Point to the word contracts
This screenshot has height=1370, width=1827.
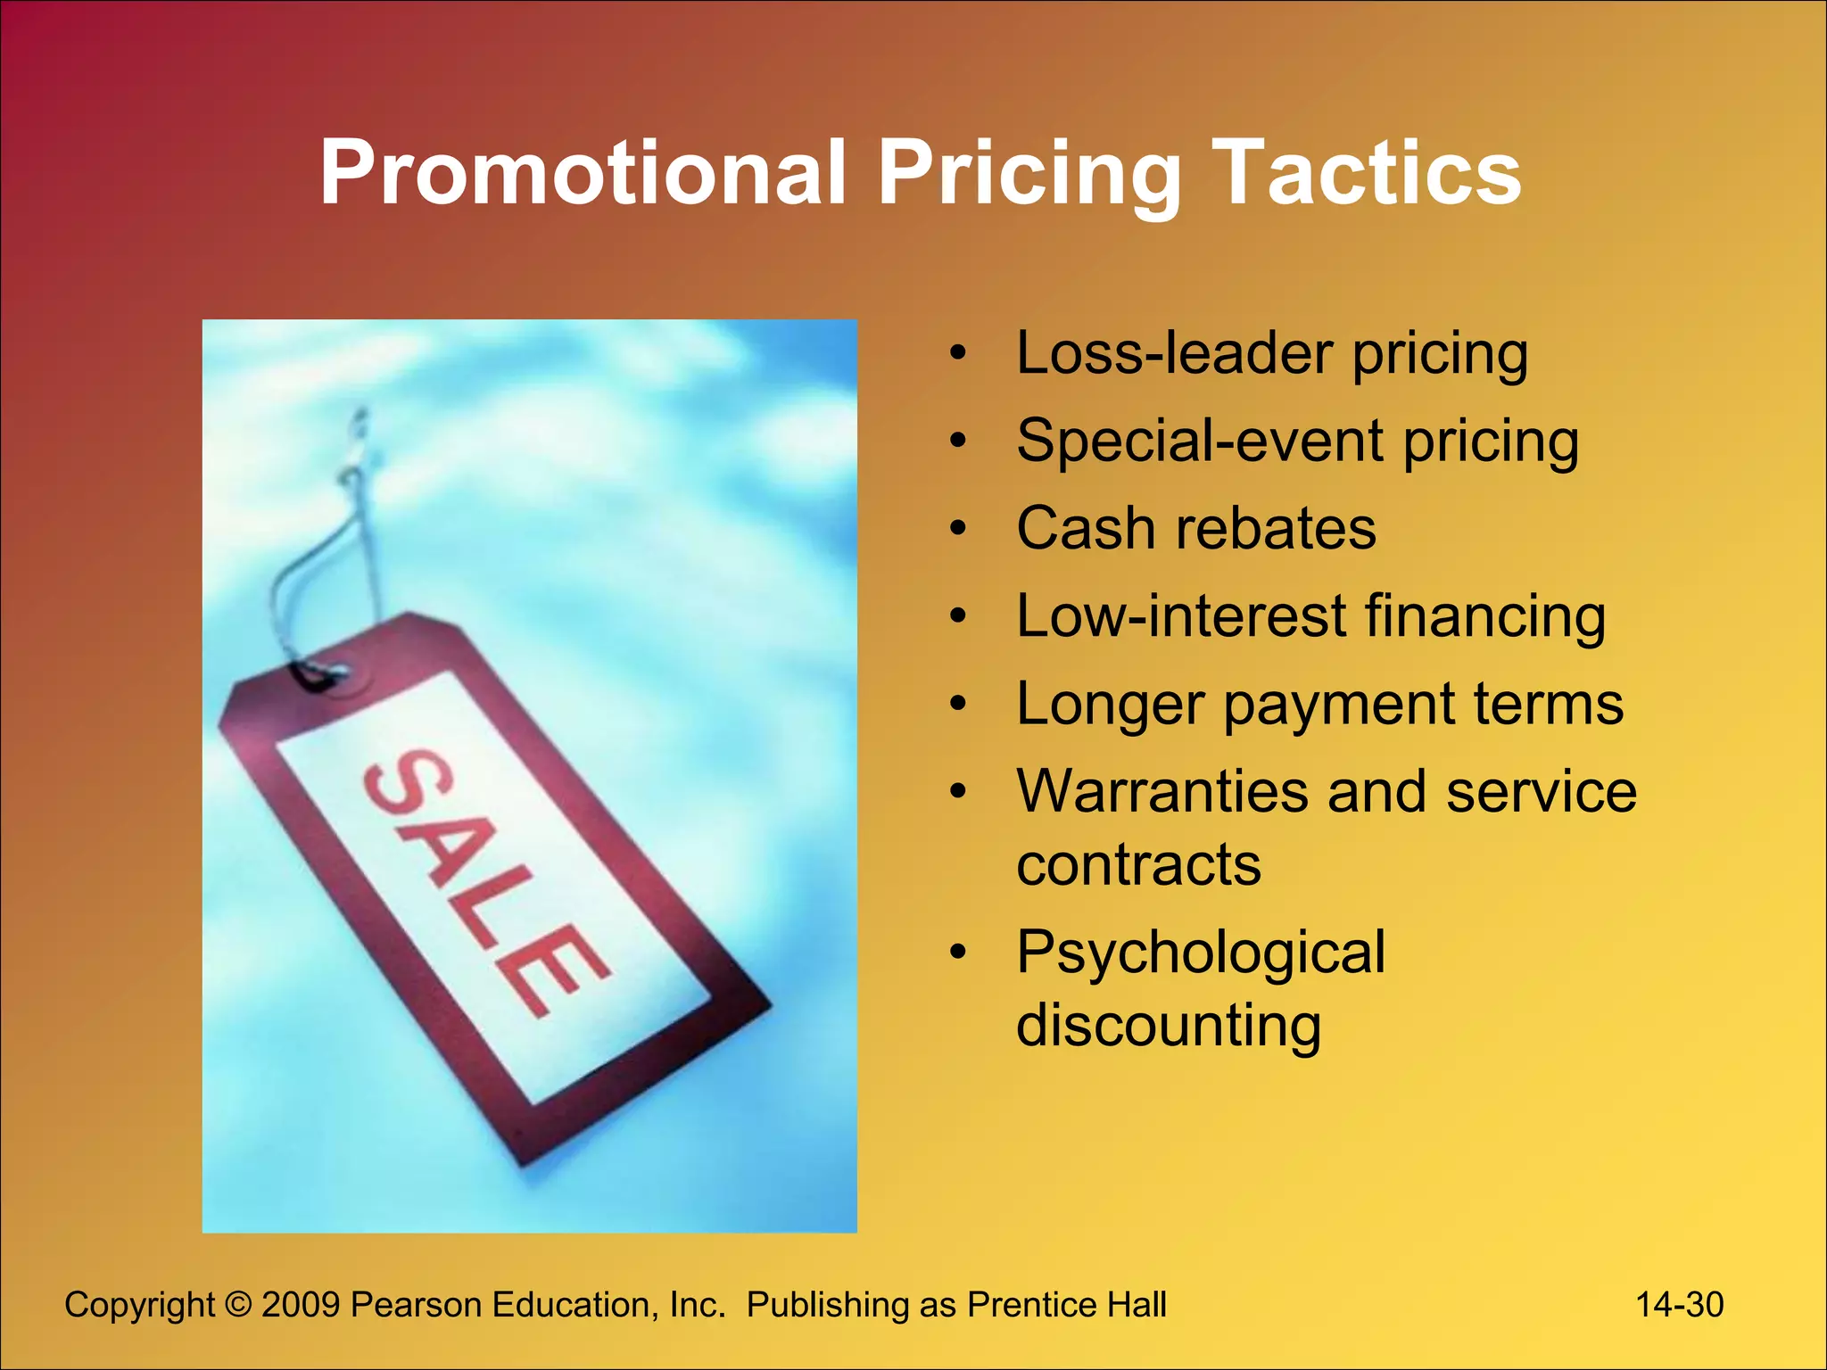[x=1139, y=864]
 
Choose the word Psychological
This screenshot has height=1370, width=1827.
[x=1201, y=953]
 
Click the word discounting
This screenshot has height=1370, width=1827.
[x=1169, y=1025]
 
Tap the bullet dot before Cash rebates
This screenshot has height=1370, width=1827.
[x=958, y=529]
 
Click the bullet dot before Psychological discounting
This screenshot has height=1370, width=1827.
[x=958, y=952]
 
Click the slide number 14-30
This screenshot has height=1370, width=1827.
[x=1679, y=1305]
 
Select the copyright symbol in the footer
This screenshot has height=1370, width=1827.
[x=238, y=1305]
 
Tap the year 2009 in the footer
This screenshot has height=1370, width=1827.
[x=301, y=1305]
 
